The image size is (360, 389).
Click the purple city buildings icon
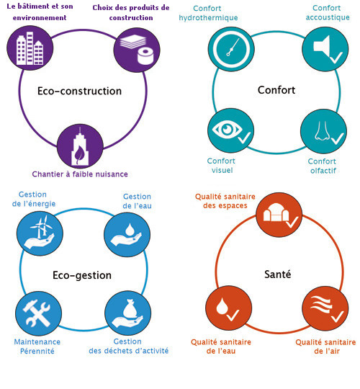[30, 48]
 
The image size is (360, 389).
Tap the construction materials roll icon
[137, 50]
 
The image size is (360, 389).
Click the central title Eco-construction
[80, 91]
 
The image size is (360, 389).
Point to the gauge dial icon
[231, 49]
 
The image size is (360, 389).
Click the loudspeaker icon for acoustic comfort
[325, 49]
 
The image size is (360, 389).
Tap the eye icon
[230, 130]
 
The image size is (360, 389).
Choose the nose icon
[323, 131]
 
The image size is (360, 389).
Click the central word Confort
[276, 90]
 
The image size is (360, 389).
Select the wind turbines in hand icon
[40, 233]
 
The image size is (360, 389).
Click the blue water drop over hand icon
[127, 234]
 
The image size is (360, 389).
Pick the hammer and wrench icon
[38, 313]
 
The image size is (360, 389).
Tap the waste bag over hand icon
[128, 313]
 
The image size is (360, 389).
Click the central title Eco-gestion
[82, 275]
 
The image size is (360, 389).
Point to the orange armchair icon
[279, 215]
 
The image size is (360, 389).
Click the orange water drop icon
[228, 308]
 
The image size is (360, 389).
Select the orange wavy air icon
[325, 309]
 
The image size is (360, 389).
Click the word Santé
[278, 274]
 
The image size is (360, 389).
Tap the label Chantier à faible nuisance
[80, 174]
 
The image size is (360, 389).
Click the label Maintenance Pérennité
[37, 346]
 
